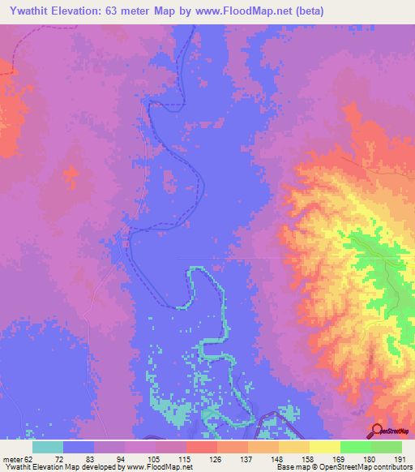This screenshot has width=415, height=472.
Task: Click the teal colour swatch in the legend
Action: pos(48,447)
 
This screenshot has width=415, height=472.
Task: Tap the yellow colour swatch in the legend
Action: pos(325,447)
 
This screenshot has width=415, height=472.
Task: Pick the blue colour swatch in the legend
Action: pos(79,447)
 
